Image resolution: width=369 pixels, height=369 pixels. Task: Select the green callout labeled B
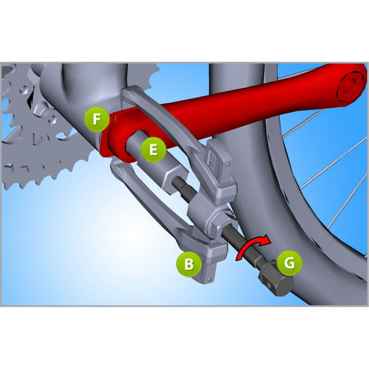pyautogui.click(x=189, y=264)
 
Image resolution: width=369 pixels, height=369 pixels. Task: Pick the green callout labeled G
pyautogui.click(x=289, y=263)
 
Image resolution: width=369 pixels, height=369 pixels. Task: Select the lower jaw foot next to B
pyautogui.click(x=210, y=265)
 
